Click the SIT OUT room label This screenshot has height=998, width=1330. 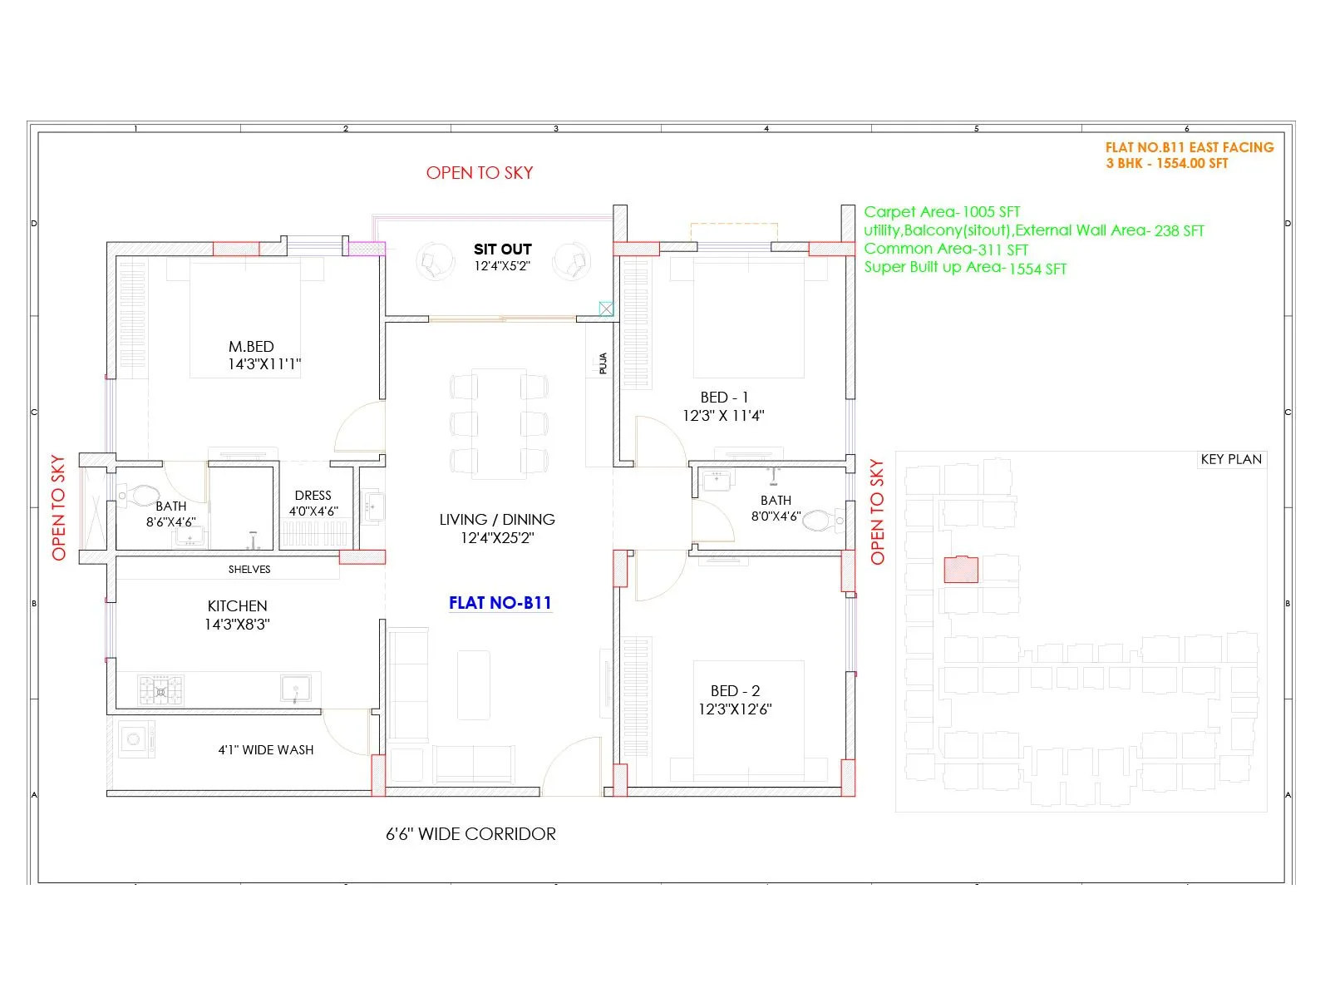tap(502, 249)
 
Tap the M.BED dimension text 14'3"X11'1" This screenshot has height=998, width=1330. tap(264, 364)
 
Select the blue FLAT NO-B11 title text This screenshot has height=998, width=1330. tap(500, 603)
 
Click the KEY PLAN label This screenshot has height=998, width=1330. tap(1230, 459)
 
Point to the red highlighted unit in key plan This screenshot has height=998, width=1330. tap(960, 570)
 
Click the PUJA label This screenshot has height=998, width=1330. tap(603, 363)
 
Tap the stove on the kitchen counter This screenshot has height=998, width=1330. tap(160, 690)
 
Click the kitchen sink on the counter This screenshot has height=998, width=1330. tap(295, 689)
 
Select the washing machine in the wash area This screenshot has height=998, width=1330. tap(136, 739)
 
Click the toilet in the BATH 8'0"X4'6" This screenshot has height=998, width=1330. tap(821, 521)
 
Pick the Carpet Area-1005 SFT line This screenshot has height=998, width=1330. tap(941, 212)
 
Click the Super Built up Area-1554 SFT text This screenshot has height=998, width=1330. tap(964, 268)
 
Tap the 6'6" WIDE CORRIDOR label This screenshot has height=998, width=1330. tap(470, 833)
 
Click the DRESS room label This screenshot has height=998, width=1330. tap(313, 495)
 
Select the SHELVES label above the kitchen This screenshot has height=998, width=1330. tap(249, 570)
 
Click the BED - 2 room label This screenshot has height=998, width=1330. tap(735, 690)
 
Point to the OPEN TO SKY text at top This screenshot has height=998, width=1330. tap(479, 173)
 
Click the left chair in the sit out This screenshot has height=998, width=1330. tap(433, 261)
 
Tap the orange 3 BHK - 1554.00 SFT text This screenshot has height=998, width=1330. tap(1166, 163)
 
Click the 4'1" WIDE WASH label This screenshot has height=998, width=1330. tap(266, 749)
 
